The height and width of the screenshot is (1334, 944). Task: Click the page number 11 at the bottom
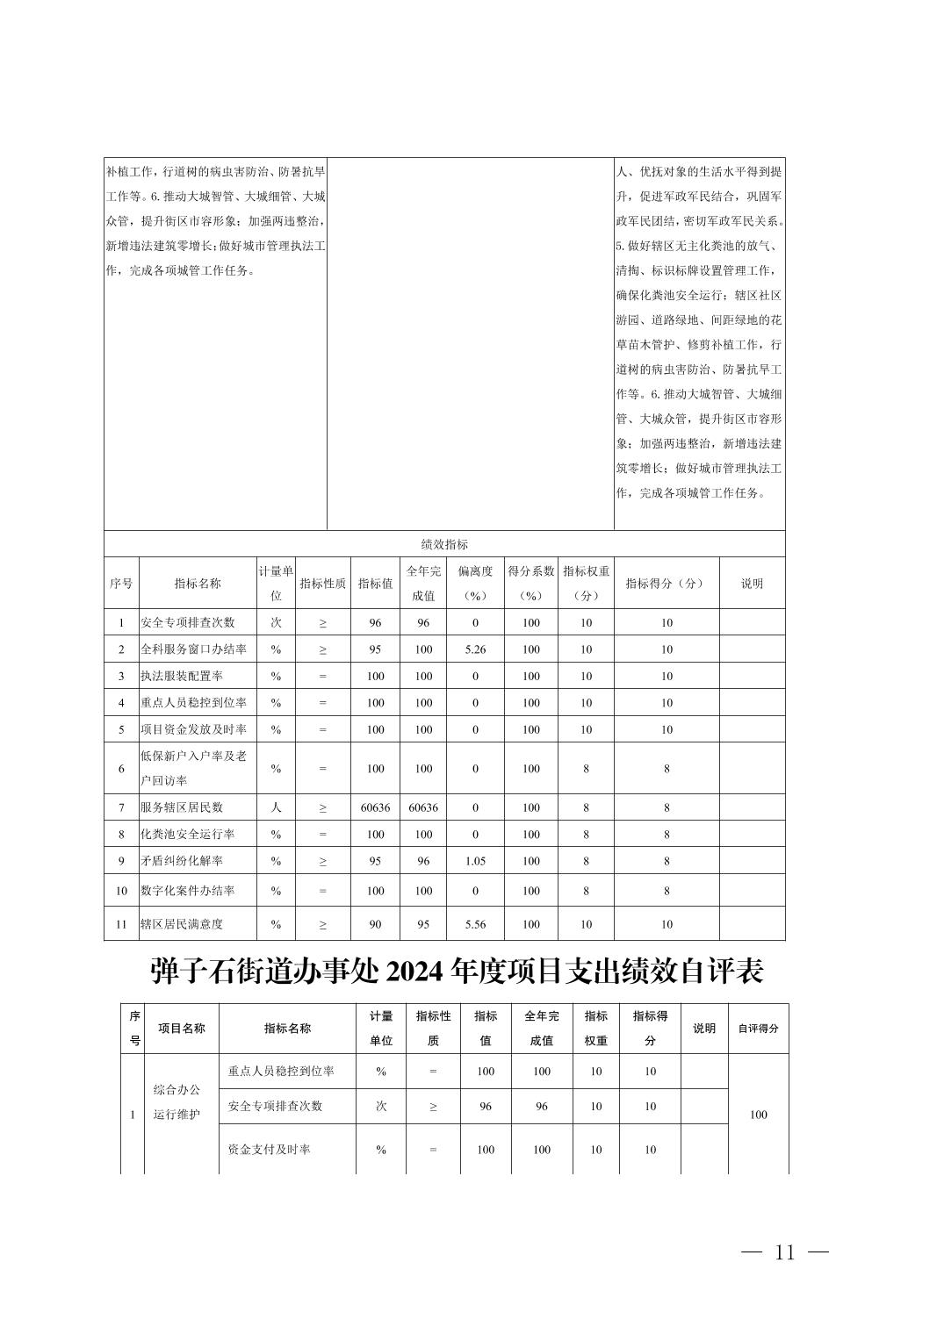click(x=784, y=1252)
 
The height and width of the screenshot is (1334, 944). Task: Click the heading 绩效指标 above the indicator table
click(x=444, y=544)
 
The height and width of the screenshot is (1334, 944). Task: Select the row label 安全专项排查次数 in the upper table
click(x=188, y=622)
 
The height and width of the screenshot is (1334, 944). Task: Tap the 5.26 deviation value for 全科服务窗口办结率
click(x=475, y=649)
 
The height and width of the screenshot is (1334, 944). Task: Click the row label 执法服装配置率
click(x=182, y=676)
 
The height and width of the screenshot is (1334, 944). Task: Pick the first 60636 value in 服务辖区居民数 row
click(x=375, y=807)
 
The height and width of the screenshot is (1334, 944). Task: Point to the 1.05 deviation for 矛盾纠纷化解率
click(x=475, y=861)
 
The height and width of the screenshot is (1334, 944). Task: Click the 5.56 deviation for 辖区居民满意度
click(x=475, y=924)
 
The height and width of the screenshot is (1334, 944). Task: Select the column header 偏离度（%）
click(x=475, y=583)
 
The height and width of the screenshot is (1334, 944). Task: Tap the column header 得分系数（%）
click(x=531, y=583)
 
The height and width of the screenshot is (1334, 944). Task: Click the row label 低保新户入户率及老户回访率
click(x=193, y=768)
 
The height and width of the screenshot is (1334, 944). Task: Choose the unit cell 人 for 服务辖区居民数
click(x=276, y=807)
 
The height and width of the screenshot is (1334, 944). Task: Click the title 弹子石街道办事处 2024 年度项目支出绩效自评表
click(x=457, y=972)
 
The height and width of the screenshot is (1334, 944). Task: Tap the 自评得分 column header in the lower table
click(x=758, y=1028)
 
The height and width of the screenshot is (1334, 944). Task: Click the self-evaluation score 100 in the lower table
click(x=758, y=1115)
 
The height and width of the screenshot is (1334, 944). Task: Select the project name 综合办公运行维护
click(x=177, y=1102)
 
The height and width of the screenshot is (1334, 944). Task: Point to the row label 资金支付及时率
click(x=269, y=1150)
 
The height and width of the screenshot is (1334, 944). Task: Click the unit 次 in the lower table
click(x=381, y=1107)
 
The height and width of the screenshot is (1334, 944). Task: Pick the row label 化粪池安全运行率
click(x=187, y=835)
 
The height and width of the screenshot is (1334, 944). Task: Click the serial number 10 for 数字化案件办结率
click(x=121, y=891)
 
